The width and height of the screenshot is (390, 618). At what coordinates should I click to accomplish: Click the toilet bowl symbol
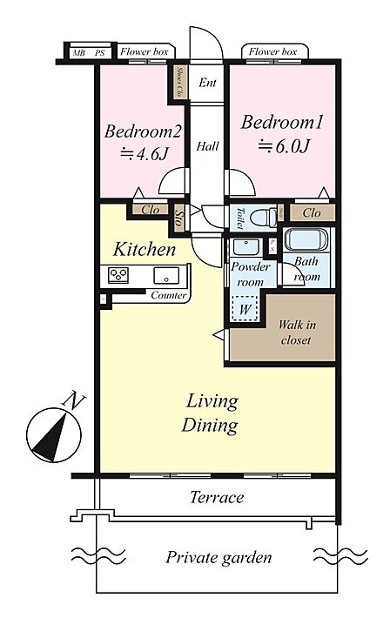(x=265, y=216)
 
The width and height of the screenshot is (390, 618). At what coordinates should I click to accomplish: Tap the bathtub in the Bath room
(x=306, y=240)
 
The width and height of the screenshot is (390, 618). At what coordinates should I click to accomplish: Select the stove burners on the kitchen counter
(x=118, y=274)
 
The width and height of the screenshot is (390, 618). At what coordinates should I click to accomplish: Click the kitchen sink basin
(x=166, y=276)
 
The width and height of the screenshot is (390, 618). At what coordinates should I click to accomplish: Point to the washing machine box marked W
(x=245, y=308)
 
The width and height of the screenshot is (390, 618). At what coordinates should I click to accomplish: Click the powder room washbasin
(x=245, y=246)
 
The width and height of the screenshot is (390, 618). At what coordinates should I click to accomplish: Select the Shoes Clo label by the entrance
(x=179, y=82)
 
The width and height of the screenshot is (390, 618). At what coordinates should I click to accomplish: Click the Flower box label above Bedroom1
(x=272, y=51)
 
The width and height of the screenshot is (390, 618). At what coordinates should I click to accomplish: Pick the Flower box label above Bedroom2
(x=145, y=51)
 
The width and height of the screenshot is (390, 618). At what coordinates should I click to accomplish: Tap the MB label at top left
(x=78, y=53)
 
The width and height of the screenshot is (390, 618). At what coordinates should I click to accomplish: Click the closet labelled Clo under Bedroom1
(x=313, y=213)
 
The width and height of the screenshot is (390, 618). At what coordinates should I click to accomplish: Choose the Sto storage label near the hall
(x=178, y=218)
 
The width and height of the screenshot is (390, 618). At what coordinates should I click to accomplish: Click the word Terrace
(x=217, y=497)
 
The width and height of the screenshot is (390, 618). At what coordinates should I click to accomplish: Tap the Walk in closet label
(x=297, y=333)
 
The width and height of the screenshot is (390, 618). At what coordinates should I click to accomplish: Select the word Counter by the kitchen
(x=168, y=295)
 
